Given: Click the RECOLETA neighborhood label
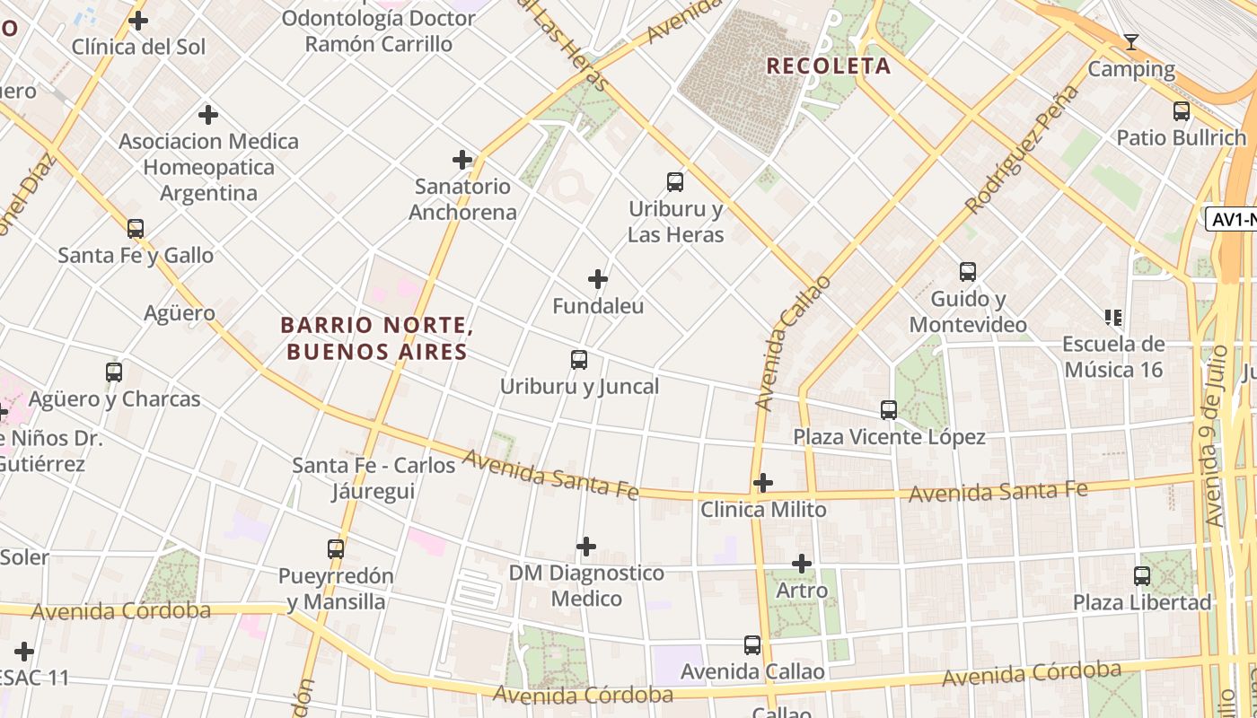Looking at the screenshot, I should (828, 66).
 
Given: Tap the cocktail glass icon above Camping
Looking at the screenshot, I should (1131, 42).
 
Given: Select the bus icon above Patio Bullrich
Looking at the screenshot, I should (1182, 111).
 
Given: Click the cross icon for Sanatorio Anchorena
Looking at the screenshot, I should (462, 160).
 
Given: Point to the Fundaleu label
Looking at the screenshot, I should (598, 306).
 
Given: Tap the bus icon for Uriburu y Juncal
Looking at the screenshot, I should (579, 360).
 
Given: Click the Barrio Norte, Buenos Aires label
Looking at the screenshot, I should (376, 338).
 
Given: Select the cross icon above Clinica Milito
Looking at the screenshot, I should (763, 483).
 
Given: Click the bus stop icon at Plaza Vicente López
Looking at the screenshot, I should (889, 410).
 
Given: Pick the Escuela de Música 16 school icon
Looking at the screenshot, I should (1113, 317).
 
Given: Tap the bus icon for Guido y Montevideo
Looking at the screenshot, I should (967, 272).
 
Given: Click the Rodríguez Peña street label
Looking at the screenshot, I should (1022, 150).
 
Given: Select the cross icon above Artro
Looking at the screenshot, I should (802, 564).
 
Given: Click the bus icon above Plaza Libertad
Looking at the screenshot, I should (1142, 575).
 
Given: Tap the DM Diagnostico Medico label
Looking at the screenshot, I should (586, 585).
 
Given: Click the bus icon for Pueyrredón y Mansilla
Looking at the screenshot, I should (336, 548).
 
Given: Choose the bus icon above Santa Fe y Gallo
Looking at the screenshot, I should (136, 229).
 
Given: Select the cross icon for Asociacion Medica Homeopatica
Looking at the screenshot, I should (208, 115).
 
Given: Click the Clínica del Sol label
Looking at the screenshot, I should (138, 47).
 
